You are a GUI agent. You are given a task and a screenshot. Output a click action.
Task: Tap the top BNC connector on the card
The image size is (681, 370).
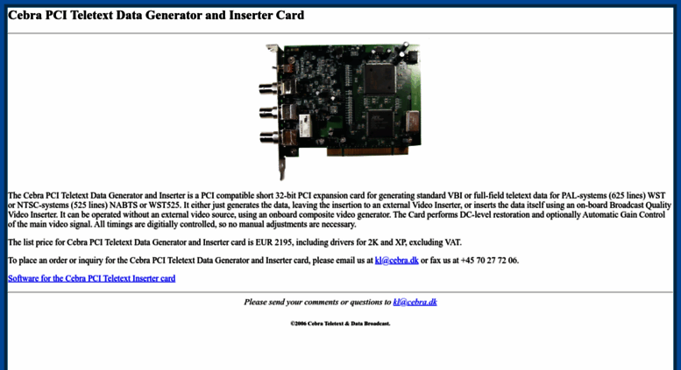270,89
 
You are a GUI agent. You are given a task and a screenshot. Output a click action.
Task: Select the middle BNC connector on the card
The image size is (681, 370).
270,113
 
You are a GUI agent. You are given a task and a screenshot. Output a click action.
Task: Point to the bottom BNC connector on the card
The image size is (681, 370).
270,137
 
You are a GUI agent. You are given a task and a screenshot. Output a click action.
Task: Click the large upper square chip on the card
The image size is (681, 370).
380,79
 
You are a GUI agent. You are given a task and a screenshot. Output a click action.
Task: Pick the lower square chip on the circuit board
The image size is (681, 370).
380,124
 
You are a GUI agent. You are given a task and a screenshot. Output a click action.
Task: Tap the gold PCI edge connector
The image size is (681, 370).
367,151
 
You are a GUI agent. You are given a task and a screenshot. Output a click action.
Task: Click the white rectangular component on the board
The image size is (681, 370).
304,126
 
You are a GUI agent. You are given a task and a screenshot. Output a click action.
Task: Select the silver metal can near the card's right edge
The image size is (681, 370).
412,122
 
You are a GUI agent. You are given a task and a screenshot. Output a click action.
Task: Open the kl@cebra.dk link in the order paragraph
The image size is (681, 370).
396,261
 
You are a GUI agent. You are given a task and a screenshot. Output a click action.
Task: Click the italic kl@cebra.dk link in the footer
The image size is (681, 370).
415,302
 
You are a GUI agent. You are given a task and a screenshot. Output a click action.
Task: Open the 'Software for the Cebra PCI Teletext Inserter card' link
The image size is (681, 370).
92,278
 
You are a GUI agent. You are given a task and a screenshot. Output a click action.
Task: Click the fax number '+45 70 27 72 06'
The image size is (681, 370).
489,261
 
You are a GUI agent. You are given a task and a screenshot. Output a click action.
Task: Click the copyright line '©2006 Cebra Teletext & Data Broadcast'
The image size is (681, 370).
340,324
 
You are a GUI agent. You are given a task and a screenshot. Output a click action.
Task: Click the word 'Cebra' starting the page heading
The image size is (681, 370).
25,15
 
